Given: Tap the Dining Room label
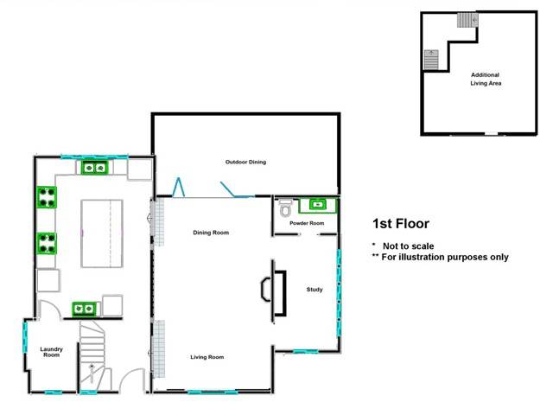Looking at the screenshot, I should click(x=210, y=232).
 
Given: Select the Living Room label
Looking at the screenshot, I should click(x=207, y=356).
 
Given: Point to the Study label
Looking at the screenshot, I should click(x=315, y=290).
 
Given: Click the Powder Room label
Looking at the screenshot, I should click(x=307, y=224).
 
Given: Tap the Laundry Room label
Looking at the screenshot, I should click(x=51, y=353).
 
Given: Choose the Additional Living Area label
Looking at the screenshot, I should click(x=484, y=79).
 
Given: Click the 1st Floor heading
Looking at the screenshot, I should click(x=400, y=223).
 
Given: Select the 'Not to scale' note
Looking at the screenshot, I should click(x=406, y=246).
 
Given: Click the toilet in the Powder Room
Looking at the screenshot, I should click(x=286, y=208).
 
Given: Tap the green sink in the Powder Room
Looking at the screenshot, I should click(x=317, y=205).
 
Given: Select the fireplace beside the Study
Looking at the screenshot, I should click(x=271, y=291).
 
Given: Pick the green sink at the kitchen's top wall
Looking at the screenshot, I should click(x=93, y=167).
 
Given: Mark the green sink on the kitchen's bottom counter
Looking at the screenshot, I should click(x=85, y=306).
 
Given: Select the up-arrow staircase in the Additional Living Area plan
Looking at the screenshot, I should click(x=431, y=60).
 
